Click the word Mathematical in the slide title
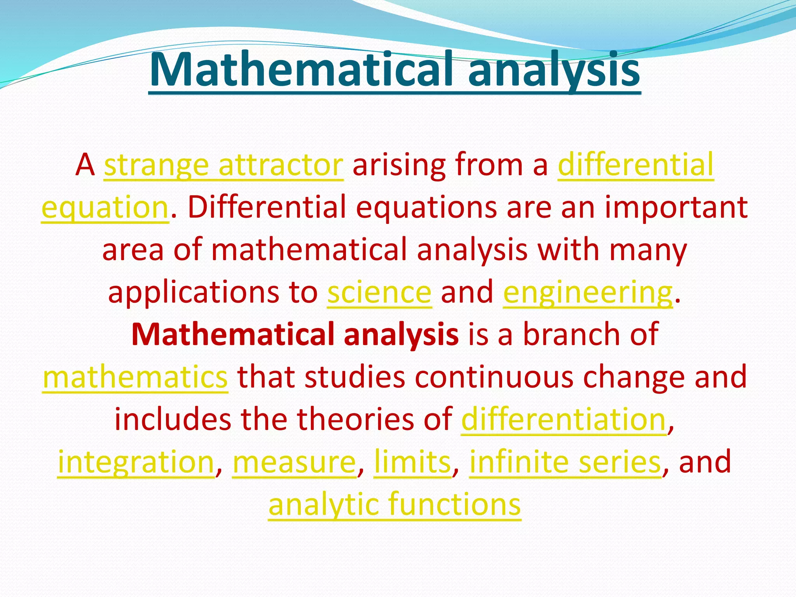pos(301,70)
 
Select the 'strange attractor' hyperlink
pos(223,165)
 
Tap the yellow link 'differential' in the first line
pos(635,165)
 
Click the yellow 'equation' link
pos(105,208)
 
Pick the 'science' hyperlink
pos(379,292)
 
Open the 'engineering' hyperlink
pos(587,292)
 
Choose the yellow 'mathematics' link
pos(135,377)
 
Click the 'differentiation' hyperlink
pos(564,420)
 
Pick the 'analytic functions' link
pos(395,504)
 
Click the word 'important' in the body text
pos(676,208)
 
